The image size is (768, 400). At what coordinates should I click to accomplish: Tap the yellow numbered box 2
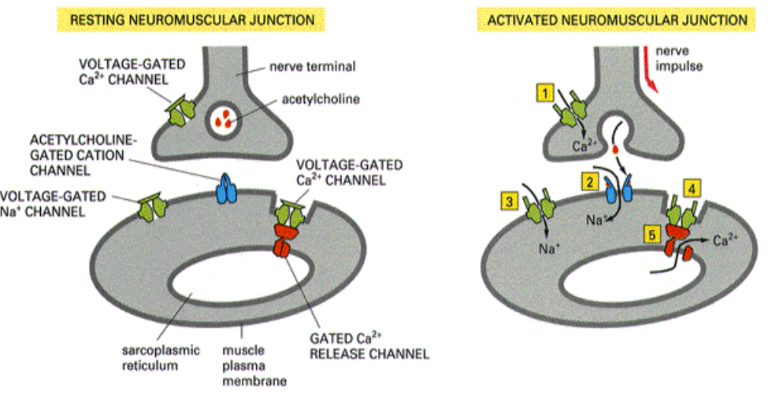[588, 181]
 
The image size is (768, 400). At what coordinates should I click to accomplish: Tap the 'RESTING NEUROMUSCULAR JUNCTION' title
[182, 17]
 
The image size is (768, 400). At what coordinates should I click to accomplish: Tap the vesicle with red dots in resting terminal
[226, 120]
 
